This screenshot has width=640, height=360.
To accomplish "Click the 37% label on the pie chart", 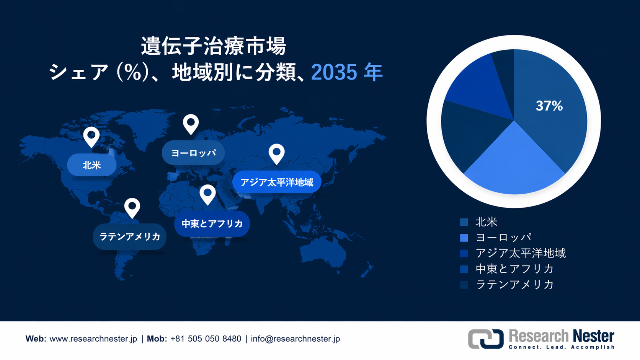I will click(549, 106).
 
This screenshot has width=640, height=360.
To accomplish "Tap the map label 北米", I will click(92, 165).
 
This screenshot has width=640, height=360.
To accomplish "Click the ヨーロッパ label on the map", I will click(193, 153).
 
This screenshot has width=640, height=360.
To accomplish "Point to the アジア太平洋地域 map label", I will click(277, 182).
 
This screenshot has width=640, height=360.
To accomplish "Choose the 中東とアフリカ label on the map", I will click(212, 223).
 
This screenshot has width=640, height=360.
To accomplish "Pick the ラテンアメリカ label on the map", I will click(130, 236).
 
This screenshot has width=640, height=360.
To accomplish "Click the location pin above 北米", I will click(91, 137).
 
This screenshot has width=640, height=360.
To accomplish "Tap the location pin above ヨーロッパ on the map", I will click(191, 124).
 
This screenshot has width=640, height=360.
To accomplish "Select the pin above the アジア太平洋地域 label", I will click(276, 153).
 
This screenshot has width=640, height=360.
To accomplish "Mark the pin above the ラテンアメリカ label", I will click(132, 207).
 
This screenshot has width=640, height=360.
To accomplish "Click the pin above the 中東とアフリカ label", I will click(207, 194).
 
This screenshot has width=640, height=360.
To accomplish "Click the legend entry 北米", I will click(486, 222).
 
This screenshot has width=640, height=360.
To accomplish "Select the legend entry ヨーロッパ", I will click(503, 238).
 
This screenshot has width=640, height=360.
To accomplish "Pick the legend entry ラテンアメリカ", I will click(514, 284).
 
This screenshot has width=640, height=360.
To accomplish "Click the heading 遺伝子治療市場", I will click(213, 46).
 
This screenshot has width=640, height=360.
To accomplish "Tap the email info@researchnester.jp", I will click(295, 339).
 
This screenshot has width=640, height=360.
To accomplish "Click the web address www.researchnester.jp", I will click(93, 339).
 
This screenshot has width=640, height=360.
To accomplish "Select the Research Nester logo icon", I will click(486, 339).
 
